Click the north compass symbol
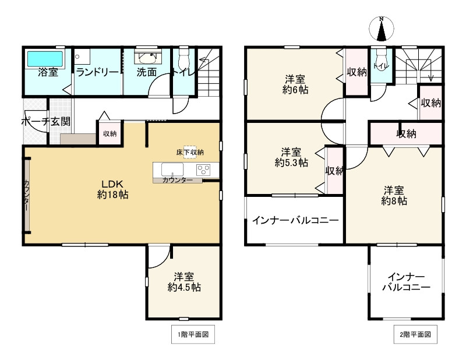pyautogui.click(x=382, y=30)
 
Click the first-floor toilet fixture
pyautogui.click(x=184, y=58)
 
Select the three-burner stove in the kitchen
pyautogui.click(x=204, y=170)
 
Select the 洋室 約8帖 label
pyautogui.click(x=394, y=195)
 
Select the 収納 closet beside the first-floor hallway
pyautogui.click(x=110, y=134)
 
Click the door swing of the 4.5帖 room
pyautogui.click(x=158, y=257)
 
